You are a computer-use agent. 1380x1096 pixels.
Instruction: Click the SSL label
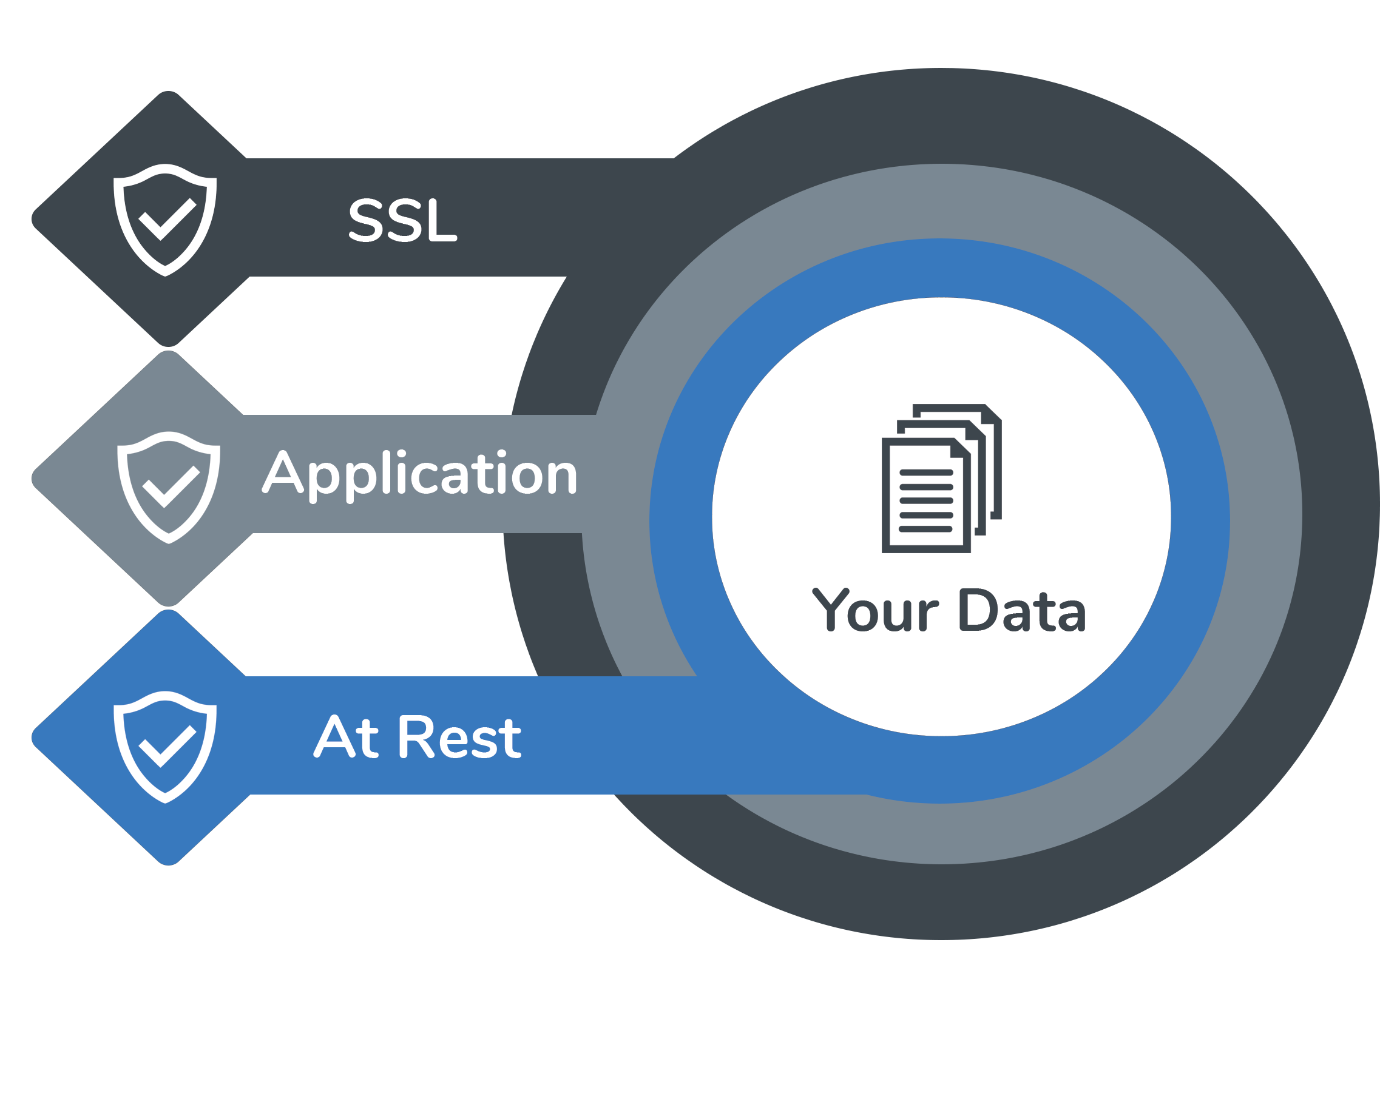pyautogui.click(x=402, y=220)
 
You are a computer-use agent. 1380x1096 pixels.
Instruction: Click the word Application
pyautogui.click(x=421, y=474)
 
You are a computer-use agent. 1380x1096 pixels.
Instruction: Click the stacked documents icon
pyautogui.click(x=941, y=478)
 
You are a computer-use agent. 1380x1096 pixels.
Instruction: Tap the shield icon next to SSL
pyautogui.click(x=165, y=220)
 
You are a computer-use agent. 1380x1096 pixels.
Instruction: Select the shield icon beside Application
pyautogui.click(x=168, y=487)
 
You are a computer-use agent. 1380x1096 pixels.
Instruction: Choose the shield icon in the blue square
pyautogui.click(x=165, y=747)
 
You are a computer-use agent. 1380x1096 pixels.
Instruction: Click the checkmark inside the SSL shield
pyautogui.click(x=166, y=219)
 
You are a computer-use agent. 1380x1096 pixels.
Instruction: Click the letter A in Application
pyautogui.click(x=282, y=474)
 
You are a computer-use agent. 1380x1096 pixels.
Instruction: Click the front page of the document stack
pyautogui.click(x=925, y=496)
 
